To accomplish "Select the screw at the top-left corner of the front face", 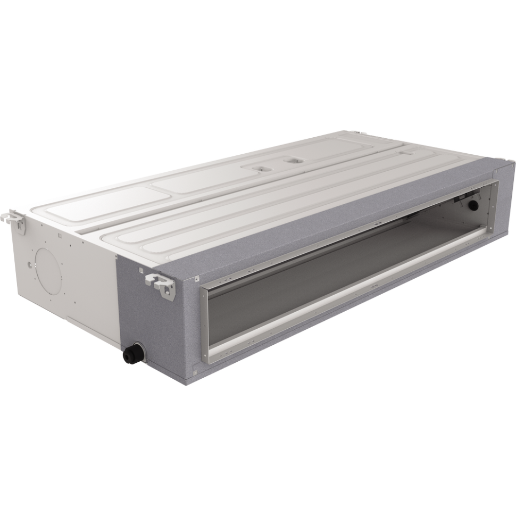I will click(x=196, y=278).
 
